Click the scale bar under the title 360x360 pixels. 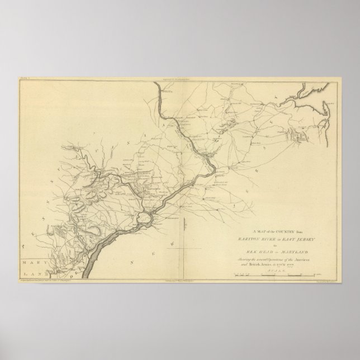271,273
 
